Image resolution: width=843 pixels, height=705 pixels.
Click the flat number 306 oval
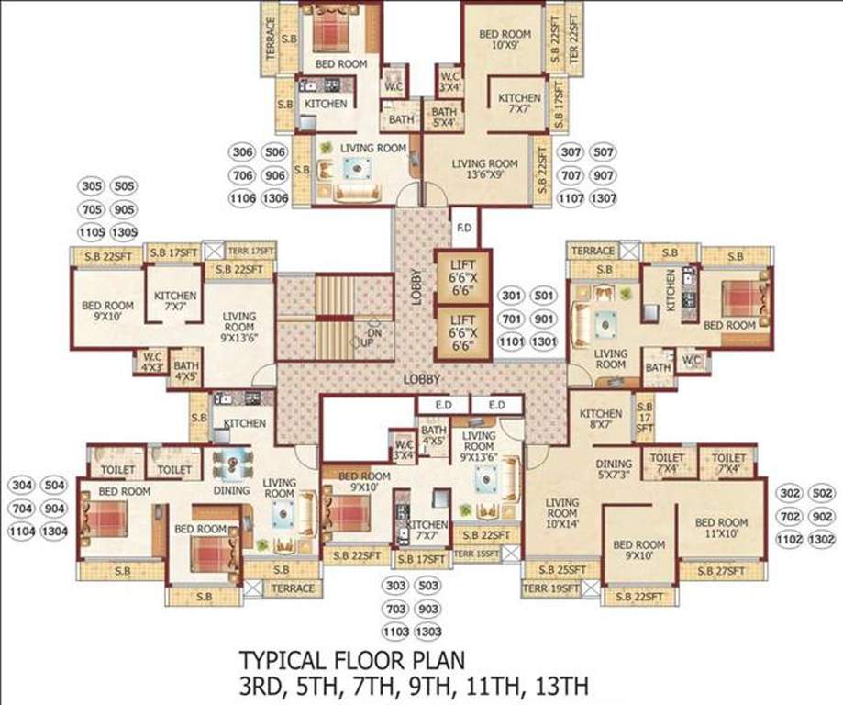(x=243, y=152)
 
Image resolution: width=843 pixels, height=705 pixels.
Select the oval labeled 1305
(x=125, y=231)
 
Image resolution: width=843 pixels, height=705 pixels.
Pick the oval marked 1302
(x=823, y=540)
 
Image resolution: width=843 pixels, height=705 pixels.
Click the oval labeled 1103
(x=395, y=632)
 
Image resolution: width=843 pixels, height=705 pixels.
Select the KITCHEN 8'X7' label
(x=602, y=420)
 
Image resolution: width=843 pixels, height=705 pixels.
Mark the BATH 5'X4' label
(x=445, y=117)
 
